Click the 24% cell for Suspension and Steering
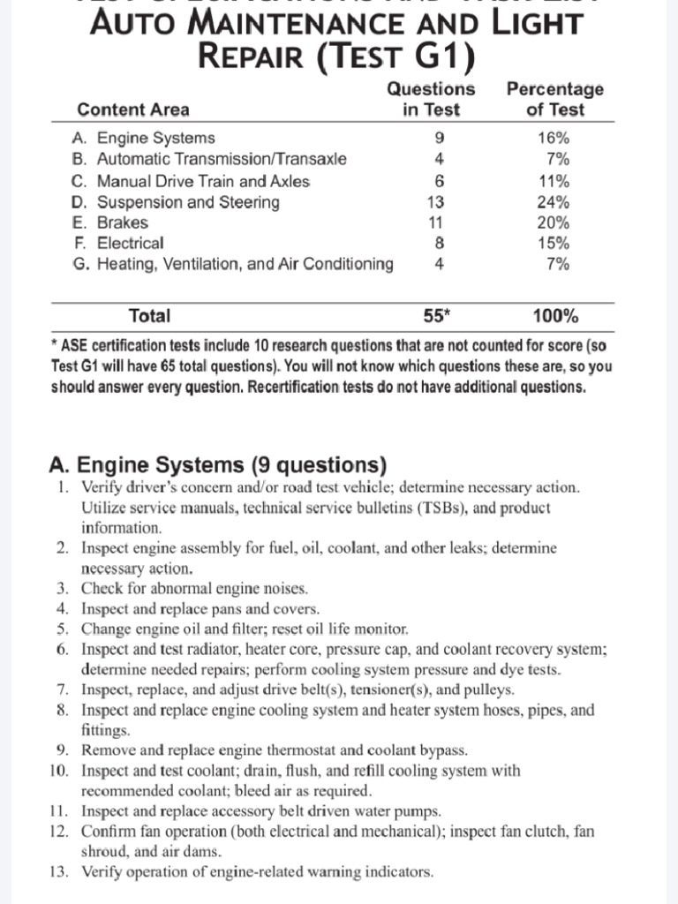click(x=554, y=201)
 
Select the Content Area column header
click(x=133, y=110)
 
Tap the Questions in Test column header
click(x=432, y=99)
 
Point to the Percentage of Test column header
click(x=554, y=99)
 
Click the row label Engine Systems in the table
click(x=155, y=138)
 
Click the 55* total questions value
click(x=438, y=316)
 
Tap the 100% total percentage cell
click(x=555, y=316)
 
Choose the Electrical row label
click(x=130, y=244)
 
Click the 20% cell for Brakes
click(x=554, y=222)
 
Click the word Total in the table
click(x=149, y=316)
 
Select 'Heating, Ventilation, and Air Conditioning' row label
click(x=245, y=264)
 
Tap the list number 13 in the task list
click(x=58, y=872)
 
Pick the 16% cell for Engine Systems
click(x=554, y=138)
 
